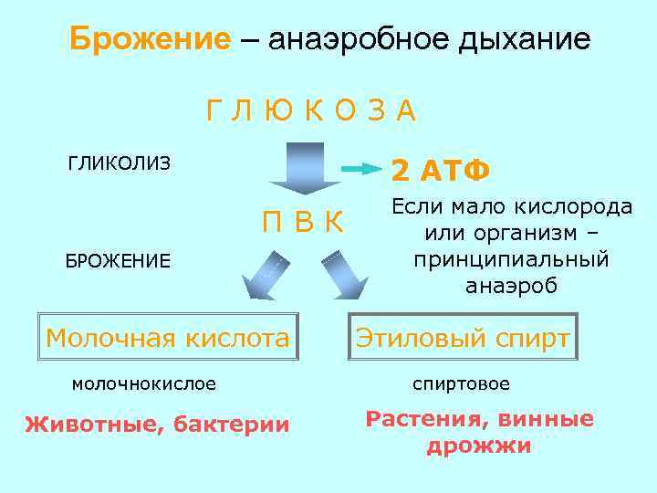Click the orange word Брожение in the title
151,40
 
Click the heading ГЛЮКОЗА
310,110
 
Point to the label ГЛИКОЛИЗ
120,164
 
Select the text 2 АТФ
441,170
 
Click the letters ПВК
302,222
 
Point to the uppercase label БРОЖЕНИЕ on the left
118,261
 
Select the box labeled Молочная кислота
167,339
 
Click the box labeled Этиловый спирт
464,339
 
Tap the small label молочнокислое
144,384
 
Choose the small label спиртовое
461,384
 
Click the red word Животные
85,425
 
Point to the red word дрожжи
478,447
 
